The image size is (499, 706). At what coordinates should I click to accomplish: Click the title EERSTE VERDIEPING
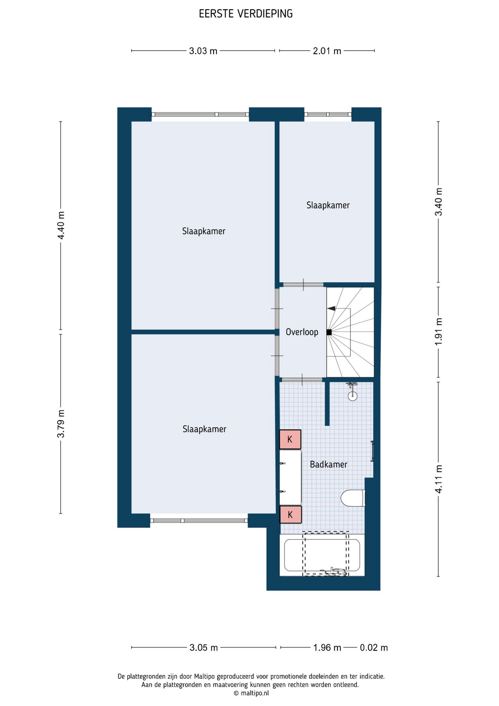246,14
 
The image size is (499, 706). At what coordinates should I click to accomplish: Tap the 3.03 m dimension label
203,51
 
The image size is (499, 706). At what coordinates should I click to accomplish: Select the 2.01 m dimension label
327,51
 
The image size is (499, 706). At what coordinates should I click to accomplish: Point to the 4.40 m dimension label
61,225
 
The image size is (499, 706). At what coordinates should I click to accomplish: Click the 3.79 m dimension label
61,424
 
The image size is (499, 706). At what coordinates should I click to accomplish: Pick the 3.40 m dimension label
438,202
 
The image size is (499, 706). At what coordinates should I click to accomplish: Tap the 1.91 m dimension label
438,332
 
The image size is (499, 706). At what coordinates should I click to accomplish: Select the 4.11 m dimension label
438,479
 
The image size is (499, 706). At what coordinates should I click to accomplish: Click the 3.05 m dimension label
204,648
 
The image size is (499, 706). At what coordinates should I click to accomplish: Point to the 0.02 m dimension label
374,648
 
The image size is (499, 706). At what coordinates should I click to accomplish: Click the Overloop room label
302,332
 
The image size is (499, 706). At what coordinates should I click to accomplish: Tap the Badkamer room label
329,464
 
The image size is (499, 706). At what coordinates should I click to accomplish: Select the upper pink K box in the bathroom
290,439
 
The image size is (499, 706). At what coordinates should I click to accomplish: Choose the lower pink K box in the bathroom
291,514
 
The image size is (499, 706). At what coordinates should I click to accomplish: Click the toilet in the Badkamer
353,498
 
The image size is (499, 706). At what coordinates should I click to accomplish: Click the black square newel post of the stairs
329,332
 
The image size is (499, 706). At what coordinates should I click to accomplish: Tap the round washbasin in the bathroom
352,396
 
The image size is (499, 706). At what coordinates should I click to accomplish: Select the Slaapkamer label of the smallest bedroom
328,205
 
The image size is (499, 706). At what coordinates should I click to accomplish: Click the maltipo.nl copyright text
251,693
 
